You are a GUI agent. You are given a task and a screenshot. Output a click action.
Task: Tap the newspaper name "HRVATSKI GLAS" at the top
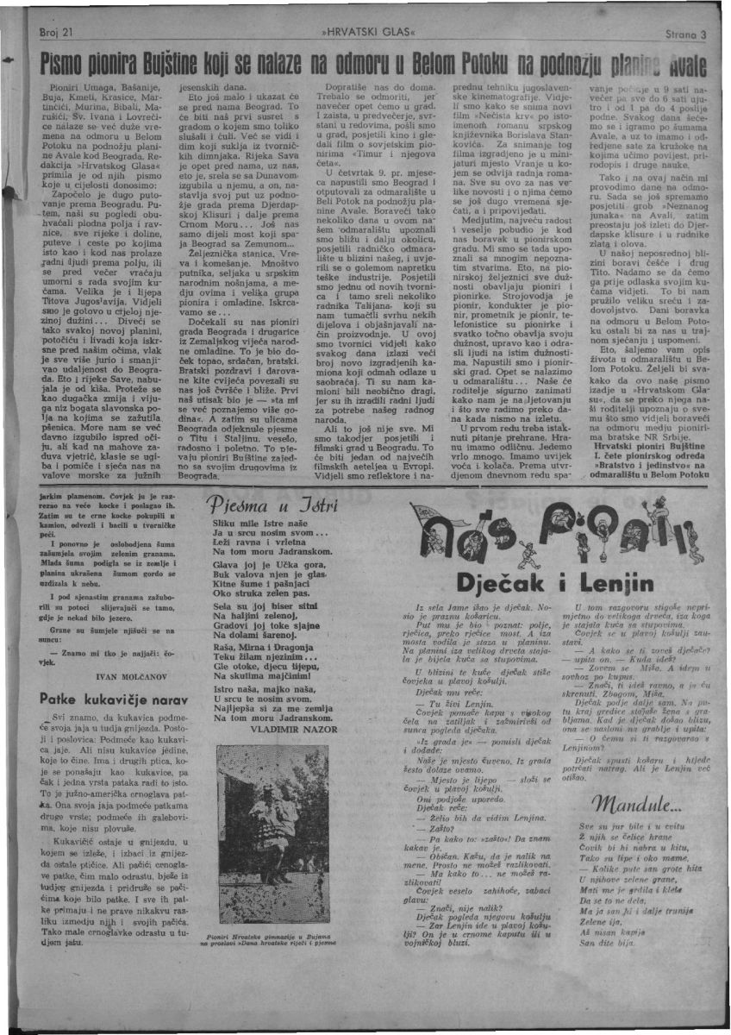tap(366, 33)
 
